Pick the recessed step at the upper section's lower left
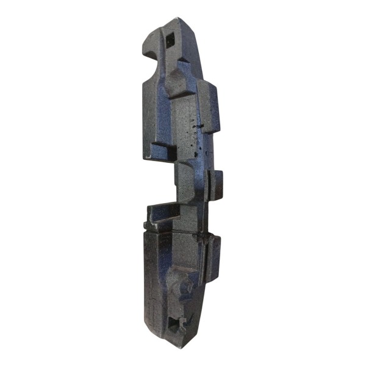click(x=160, y=151)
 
